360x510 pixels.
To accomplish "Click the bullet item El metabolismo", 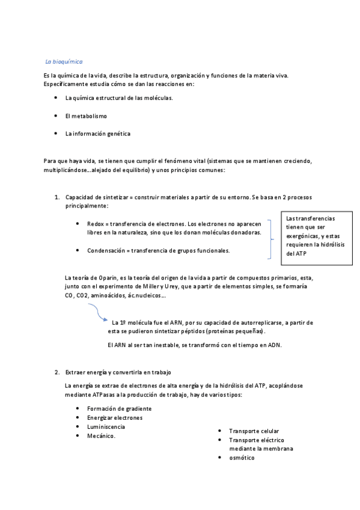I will click(x=86, y=115).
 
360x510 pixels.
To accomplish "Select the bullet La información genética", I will click(x=97, y=133).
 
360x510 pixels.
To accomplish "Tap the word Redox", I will click(x=96, y=223).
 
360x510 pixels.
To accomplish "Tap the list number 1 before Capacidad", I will click(x=56, y=197).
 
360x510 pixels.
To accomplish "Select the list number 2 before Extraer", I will click(x=56, y=372).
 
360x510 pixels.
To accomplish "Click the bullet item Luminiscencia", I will click(x=106, y=426).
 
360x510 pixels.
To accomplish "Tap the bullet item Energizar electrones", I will click(x=115, y=417).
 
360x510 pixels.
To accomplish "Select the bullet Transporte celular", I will click(x=254, y=431).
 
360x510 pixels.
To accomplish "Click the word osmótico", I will click(x=242, y=458).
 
